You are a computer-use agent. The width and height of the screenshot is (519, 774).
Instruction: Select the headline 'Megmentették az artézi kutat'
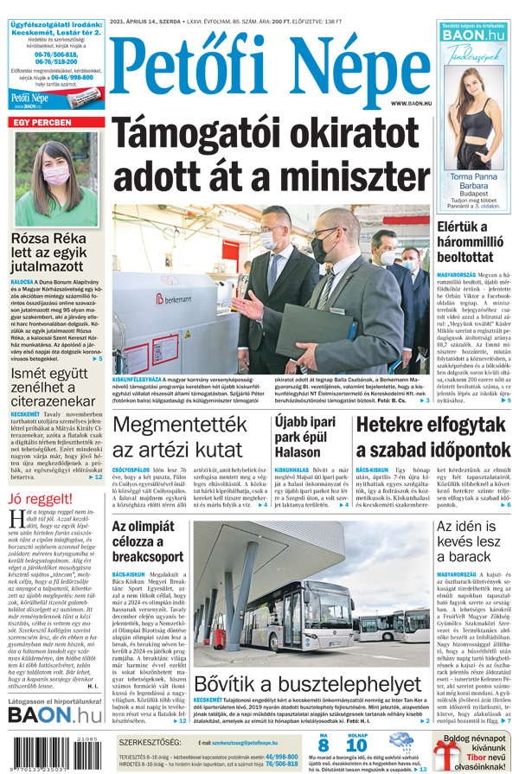click(185, 437)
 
